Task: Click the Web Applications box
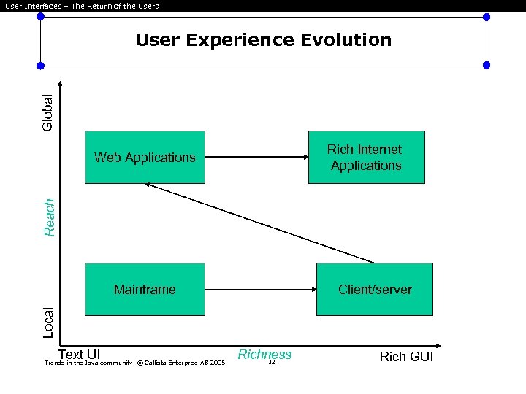coord(145,157)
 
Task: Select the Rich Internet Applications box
coord(366,157)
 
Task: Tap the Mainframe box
coord(145,289)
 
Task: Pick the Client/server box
coord(375,289)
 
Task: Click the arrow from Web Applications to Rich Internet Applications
coord(256,157)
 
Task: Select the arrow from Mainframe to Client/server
coord(261,289)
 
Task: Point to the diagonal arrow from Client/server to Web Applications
coord(259,223)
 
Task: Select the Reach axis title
coord(49,217)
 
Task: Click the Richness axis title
coord(264,355)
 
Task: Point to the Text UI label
coord(79,355)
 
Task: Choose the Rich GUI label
coord(406,357)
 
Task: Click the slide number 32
coord(271,362)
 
